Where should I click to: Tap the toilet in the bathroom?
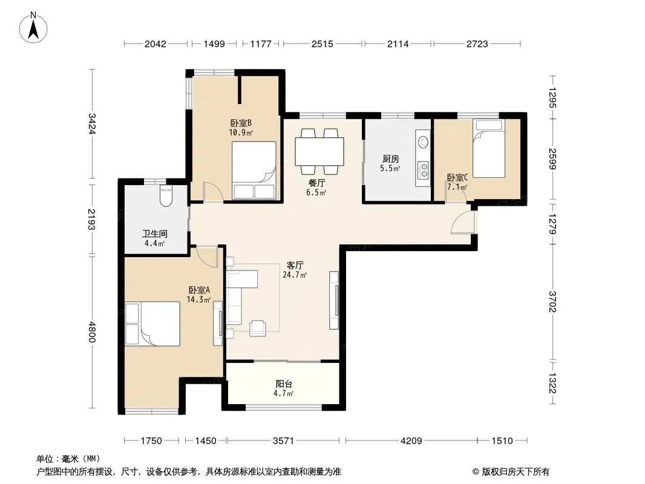(x=166, y=196)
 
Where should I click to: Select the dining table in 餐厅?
(x=319, y=151)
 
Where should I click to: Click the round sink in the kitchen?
(x=423, y=142)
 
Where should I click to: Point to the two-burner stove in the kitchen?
(x=423, y=170)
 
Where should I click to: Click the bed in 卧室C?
(x=489, y=148)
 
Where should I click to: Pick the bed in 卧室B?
(x=254, y=171)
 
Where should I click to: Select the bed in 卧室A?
(x=152, y=324)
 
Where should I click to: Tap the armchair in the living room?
(x=258, y=328)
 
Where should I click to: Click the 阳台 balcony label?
(x=284, y=384)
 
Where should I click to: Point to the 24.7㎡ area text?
(x=295, y=275)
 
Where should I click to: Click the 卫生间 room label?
(x=155, y=234)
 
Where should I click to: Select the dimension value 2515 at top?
(x=322, y=44)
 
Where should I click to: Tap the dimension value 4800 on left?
(x=92, y=332)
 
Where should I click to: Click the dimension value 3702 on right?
(x=552, y=302)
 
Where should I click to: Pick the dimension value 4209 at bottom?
(x=411, y=441)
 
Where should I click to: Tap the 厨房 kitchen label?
(x=390, y=159)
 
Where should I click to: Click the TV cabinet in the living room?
(x=334, y=299)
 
